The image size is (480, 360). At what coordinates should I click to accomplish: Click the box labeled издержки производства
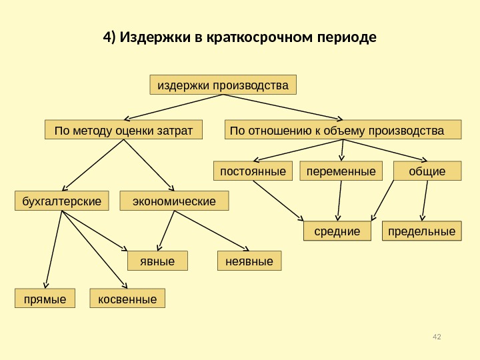click(223, 85)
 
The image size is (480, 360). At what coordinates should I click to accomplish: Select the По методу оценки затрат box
click(123, 130)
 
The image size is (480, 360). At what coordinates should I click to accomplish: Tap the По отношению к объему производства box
click(343, 129)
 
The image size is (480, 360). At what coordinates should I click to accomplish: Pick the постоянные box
click(253, 171)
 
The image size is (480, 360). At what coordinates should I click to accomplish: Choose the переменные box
click(341, 171)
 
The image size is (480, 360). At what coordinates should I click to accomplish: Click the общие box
click(427, 171)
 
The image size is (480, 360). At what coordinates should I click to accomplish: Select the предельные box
click(421, 231)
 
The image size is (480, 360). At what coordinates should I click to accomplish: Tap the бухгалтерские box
click(62, 201)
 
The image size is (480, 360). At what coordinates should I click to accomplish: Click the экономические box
click(174, 201)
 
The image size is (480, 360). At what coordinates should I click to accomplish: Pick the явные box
click(158, 261)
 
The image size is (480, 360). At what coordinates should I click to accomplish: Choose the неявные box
click(250, 261)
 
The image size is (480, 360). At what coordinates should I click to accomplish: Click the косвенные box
click(127, 299)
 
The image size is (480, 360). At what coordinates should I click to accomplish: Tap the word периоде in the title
click(347, 37)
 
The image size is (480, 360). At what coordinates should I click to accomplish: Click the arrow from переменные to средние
click(341, 200)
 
